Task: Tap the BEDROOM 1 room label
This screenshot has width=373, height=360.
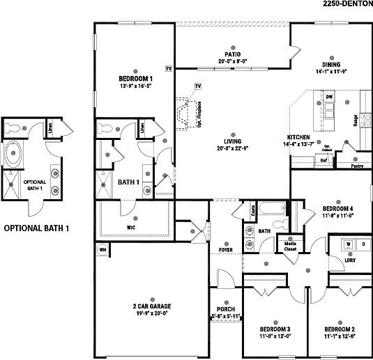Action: pyautogui.click(x=135, y=79)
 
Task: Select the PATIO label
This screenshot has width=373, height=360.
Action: pyautogui.click(x=232, y=54)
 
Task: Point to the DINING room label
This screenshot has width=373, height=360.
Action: pyautogui.click(x=326, y=63)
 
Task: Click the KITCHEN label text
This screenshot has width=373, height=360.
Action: pyautogui.click(x=298, y=137)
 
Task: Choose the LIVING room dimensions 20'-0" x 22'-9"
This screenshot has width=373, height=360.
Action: pyautogui.click(x=232, y=146)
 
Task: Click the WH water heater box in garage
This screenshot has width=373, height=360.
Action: pyautogui.click(x=102, y=249)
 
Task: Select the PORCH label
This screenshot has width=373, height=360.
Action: pyautogui.click(x=226, y=310)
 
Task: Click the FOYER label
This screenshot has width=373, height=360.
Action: pyautogui.click(x=226, y=248)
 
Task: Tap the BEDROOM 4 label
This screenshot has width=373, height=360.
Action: pyautogui.click(x=338, y=208)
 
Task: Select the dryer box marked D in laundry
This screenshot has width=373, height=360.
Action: pyautogui.click(x=363, y=244)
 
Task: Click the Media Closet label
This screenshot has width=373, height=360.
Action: pyautogui.click(x=288, y=246)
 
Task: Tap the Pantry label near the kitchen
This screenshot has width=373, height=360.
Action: pyautogui.click(x=356, y=167)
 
